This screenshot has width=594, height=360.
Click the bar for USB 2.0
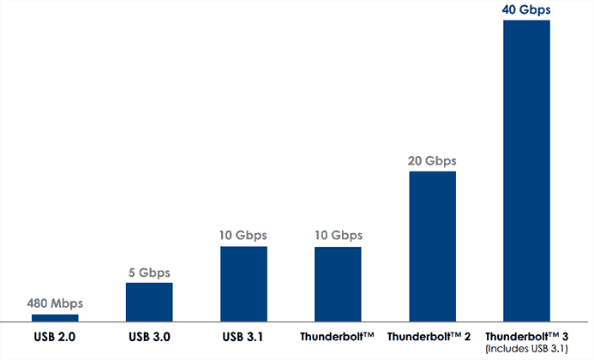click(x=55, y=318)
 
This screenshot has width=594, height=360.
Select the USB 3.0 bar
click(x=149, y=302)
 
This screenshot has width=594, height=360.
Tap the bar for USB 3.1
click(x=243, y=284)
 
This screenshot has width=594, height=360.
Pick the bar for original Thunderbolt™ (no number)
click(x=338, y=284)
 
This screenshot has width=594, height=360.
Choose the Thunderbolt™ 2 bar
click(x=432, y=246)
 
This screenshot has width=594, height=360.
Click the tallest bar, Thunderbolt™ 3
click(x=526, y=171)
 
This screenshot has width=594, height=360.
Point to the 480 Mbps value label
click(x=55, y=303)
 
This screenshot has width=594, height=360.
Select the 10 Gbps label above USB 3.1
click(x=243, y=235)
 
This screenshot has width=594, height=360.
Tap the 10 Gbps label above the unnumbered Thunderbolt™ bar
click(x=338, y=235)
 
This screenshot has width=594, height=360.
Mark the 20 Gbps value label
click(x=432, y=160)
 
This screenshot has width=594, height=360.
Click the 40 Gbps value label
click(x=526, y=9)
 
